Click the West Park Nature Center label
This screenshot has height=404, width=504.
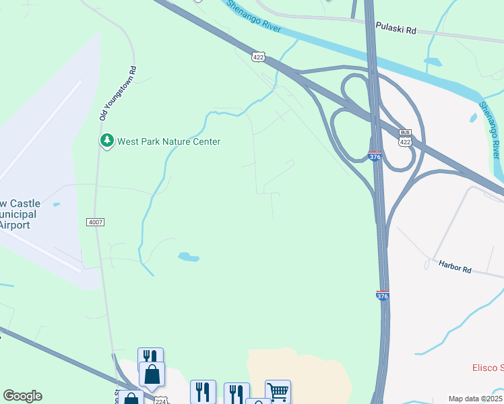[x=168, y=141]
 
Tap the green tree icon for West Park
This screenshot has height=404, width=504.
[x=106, y=141]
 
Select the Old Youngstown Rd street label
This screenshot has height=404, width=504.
[x=119, y=93]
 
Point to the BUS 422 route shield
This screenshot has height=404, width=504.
[x=405, y=138]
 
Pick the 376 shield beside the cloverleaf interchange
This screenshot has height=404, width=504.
[x=376, y=156]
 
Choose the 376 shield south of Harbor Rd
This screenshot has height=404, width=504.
[x=382, y=296]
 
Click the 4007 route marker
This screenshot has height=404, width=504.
[x=95, y=222]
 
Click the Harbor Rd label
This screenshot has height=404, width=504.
[x=455, y=267]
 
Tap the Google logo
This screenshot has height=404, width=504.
[x=22, y=396]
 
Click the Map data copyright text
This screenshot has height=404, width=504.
[x=474, y=399]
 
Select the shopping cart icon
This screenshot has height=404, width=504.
[x=278, y=391]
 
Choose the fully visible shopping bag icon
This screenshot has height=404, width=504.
[x=152, y=373]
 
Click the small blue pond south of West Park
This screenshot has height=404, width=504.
[x=188, y=257]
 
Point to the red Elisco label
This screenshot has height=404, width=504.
[x=486, y=368]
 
